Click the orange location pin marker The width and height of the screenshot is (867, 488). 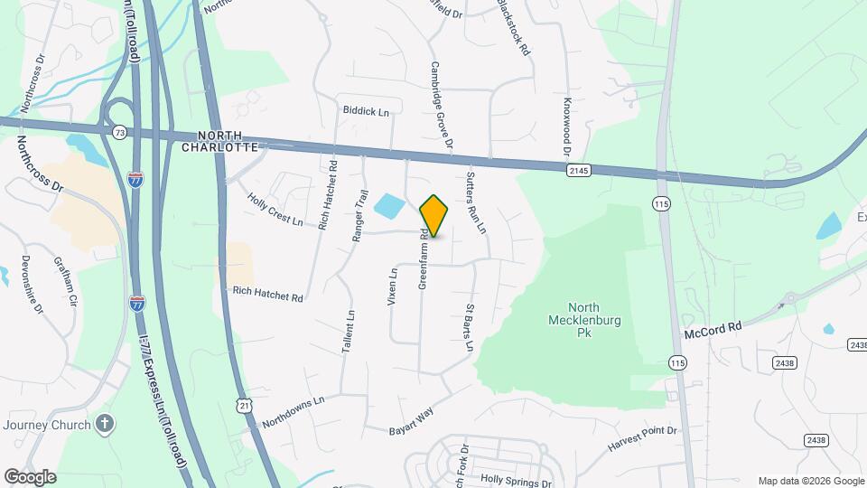433,215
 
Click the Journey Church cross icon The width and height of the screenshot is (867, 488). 106,424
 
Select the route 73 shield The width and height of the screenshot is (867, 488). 120,132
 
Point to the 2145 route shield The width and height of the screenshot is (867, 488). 579,169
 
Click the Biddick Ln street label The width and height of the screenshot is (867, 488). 365,111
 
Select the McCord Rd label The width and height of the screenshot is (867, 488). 712,326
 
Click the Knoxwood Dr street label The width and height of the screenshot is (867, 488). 569,125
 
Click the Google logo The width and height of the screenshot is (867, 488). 29,476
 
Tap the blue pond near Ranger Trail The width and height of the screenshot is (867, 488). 389,206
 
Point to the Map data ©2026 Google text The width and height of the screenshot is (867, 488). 810,481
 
